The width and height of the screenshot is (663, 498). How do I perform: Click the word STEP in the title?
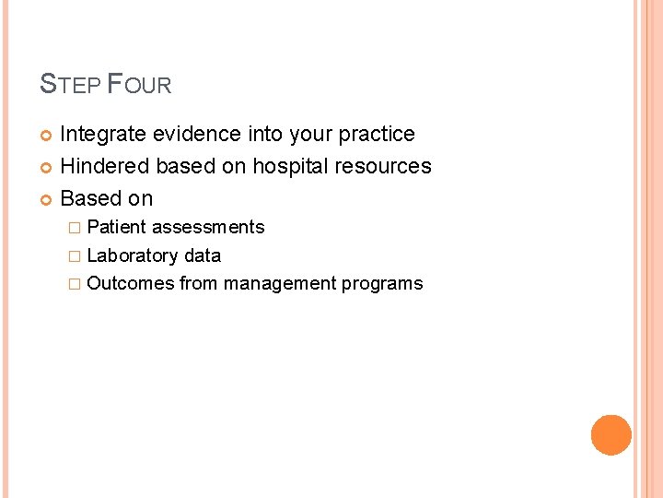click(x=70, y=86)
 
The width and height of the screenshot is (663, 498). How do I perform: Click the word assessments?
click(x=208, y=228)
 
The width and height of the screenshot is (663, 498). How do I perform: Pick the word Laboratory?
click(x=132, y=255)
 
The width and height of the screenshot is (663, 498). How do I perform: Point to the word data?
click(x=203, y=255)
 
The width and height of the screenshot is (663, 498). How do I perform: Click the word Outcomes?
click(x=130, y=284)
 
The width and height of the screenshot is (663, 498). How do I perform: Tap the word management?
click(x=280, y=284)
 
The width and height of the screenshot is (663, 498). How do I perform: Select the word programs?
click(x=382, y=284)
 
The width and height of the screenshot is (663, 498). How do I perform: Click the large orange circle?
click(x=611, y=435)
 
